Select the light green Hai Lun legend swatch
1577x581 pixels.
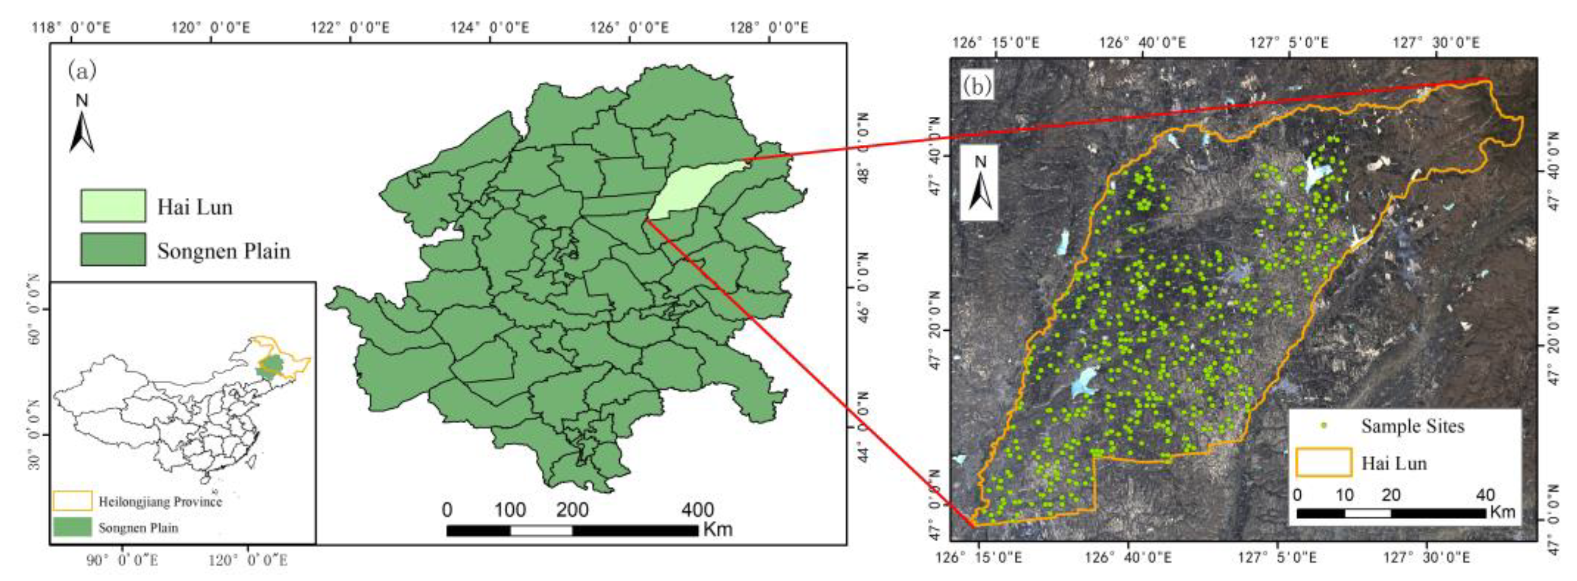(113, 206)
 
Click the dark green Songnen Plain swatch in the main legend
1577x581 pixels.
(113, 249)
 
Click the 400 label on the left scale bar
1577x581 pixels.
(697, 509)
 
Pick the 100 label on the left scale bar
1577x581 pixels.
(510, 509)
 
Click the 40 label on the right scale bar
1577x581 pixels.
(1486, 495)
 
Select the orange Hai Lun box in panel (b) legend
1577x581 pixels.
(1323, 462)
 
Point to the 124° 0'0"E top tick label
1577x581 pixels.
(490, 27)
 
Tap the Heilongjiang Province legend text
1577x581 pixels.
(160, 502)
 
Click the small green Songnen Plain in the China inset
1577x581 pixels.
(270, 366)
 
